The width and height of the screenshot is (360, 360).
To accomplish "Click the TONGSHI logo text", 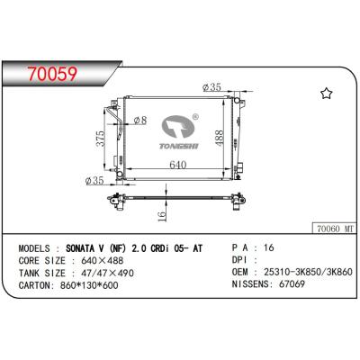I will (x=183, y=139).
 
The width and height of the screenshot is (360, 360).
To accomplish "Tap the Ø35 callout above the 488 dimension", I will (x=213, y=87).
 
